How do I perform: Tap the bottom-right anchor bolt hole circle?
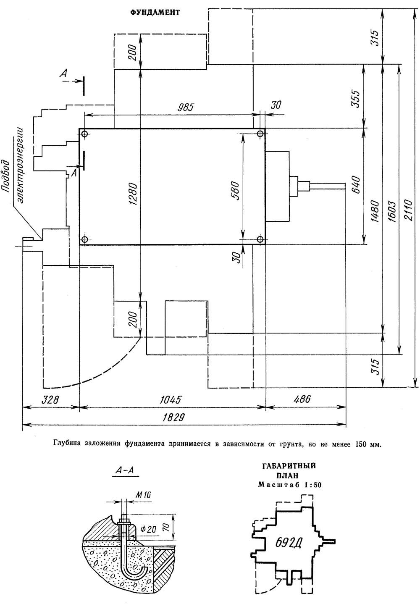click(260, 239)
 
